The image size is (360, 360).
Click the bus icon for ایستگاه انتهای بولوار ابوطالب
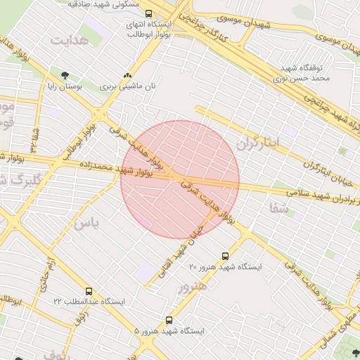coord(148,13)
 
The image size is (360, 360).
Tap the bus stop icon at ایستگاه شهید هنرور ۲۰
coord(225,257)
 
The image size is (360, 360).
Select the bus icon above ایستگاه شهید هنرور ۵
coord(169,320)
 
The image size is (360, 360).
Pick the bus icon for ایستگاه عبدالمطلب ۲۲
coord(89,290)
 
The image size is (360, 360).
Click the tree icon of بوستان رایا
coord(65,75)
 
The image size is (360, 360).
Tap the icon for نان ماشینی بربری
coord(127,75)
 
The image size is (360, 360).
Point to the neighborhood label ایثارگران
coord(257,143)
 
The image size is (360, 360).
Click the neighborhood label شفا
coord(278,207)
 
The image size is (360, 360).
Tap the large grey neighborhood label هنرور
coord(192,287)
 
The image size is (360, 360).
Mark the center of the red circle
coord(180,180)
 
